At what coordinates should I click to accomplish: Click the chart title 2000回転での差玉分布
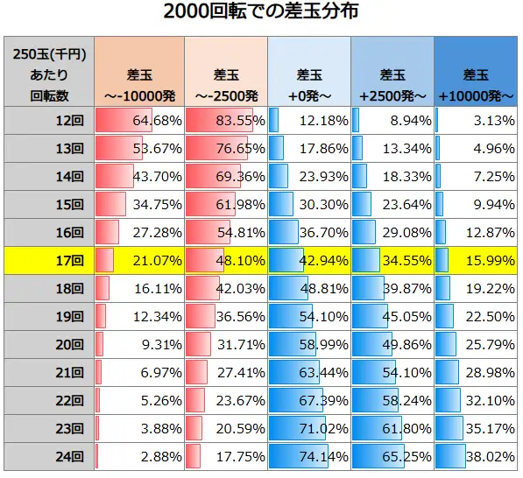[261, 13]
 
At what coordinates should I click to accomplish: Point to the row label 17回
[48, 260]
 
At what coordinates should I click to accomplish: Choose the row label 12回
[48, 120]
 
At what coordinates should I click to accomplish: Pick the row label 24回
[48, 456]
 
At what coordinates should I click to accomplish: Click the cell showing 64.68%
[138, 120]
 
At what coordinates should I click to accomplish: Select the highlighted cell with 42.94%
[308, 260]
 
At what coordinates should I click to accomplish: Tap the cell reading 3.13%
[477, 120]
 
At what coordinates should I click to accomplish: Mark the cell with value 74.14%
[308, 456]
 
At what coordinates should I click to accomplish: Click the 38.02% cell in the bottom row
[477, 456]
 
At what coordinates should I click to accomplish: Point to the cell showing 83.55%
[223, 120]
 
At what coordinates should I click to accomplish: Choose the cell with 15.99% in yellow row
[477, 260]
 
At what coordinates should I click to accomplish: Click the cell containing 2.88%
[138, 456]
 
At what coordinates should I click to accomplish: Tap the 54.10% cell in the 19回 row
[308, 316]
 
